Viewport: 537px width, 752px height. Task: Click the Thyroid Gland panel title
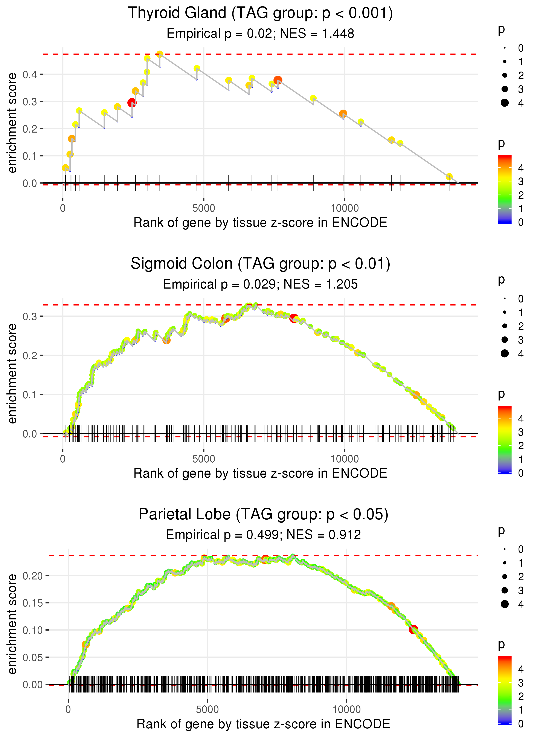coord(260,13)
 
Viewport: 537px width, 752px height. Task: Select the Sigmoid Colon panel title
coord(260,264)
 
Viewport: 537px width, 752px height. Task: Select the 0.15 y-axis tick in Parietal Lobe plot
coord(32,603)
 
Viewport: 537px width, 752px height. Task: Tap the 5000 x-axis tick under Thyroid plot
coord(204,208)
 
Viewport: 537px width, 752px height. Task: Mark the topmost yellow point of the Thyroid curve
coord(160,54)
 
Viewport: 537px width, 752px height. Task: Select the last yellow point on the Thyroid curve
coord(449,177)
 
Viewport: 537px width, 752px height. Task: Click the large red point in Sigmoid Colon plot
coord(294,318)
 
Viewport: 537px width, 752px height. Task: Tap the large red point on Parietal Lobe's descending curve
coord(413,629)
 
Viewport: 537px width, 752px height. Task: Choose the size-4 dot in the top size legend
coord(505,103)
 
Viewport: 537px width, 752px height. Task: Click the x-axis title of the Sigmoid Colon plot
coord(260,473)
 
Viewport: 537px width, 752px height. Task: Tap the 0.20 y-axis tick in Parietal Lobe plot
coord(32,576)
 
